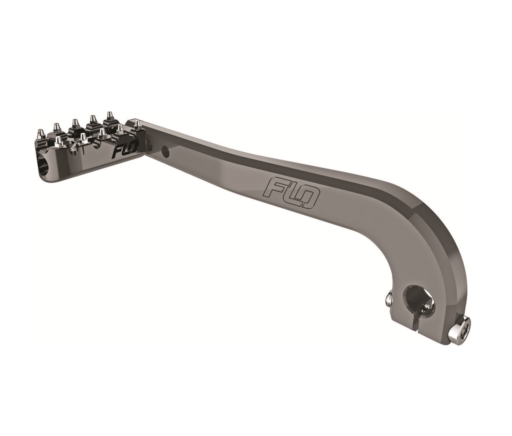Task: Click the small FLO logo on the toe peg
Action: (123, 150)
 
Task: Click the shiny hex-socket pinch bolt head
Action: (459, 331)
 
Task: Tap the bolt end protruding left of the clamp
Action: (389, 299)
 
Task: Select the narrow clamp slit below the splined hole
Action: (414, 322)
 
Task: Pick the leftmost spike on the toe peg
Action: (41, 134)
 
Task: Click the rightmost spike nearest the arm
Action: (136, 124)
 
